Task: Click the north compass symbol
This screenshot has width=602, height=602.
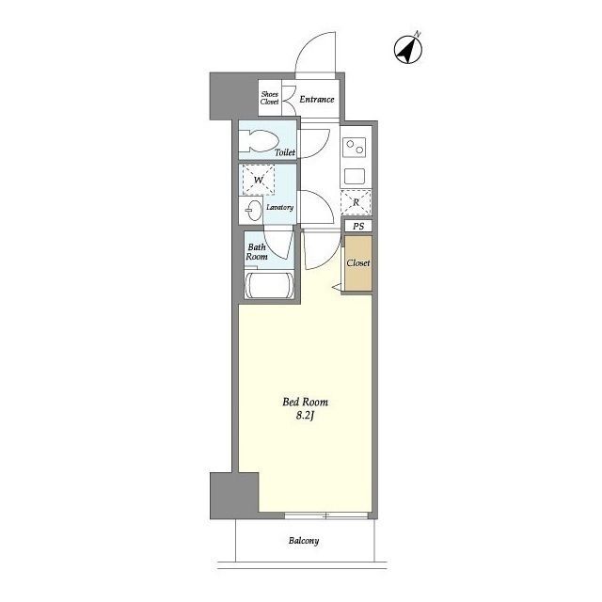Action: click(x=408, y=50)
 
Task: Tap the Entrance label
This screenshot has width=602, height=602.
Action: click(x=317, y=100)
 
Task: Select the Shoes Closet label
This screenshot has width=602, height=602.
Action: click(x=270, y=98)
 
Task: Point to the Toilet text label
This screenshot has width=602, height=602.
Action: click(x=285, y=152)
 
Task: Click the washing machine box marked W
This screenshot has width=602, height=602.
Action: click(x=259, y=180)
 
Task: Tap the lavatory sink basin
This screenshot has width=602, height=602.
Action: click(x=253, y=211)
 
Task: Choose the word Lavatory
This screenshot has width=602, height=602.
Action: click(x=280, y=207)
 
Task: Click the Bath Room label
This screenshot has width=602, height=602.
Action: click(x=257, y=251)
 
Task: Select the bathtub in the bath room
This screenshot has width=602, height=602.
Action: click(x=270, y=285)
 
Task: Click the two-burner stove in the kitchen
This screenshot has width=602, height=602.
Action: click(x=355, y=147)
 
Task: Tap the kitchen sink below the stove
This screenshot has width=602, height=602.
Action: click(x=355, y=177)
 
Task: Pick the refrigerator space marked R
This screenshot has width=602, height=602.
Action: click(x=356, y=202)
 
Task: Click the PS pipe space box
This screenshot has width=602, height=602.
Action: click(x=358, y=226)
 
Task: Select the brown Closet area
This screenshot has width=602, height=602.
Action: click(x=358, y=263)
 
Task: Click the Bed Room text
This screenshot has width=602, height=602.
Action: click(x=305, y=402)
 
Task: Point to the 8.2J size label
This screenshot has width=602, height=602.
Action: click(x=305, y=416)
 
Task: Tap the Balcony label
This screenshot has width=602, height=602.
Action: click(x=304, y=541)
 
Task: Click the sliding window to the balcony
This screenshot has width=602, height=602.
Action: click(x=326, y=515)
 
